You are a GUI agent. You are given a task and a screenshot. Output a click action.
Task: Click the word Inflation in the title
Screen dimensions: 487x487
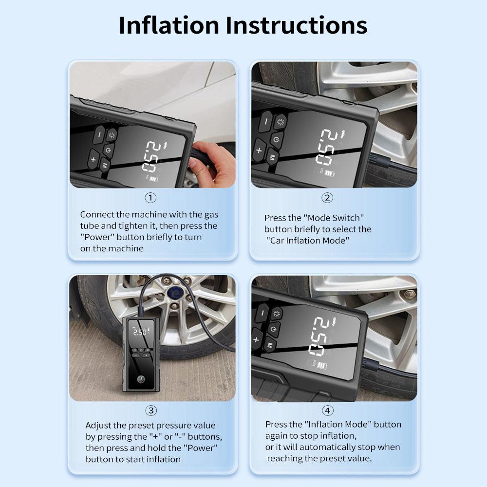[169, 25]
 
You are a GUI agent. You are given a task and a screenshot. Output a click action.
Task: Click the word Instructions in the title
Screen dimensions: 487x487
[296, 25]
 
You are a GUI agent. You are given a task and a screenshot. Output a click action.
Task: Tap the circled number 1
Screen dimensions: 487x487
[150, 198]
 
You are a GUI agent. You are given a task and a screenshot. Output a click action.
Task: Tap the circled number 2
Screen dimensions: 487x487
[327, 198]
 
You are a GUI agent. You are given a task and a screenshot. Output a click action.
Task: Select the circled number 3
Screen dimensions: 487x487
[151, 411]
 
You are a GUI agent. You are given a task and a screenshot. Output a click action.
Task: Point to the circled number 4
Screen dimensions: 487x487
[327, 411]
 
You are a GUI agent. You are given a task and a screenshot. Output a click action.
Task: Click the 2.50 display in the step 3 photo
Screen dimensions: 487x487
[140, 332]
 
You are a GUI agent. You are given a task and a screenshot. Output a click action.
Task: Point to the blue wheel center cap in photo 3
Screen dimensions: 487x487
[174, 293]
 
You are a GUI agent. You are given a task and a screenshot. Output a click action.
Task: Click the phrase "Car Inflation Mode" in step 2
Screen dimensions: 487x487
[307, 241]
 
